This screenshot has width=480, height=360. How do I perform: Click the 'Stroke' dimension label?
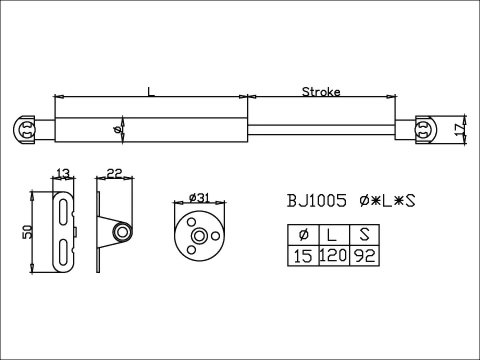(x=321, y=91)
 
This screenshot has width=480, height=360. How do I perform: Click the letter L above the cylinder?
(x=150, y=91)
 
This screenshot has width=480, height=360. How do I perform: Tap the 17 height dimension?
(x=457, y=128)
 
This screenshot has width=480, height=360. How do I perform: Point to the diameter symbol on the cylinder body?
(x=119, y=129)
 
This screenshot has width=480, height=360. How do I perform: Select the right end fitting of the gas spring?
(x=423, y=129)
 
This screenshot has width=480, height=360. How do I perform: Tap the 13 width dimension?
(x=62, y=174)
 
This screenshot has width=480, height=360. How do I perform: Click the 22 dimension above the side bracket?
(x=114, y=174)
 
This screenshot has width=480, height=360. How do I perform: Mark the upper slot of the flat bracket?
(x=63, y=212)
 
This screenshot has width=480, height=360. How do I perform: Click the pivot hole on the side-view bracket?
(x=122, y=232)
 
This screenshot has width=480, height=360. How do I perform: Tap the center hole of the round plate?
(x=198, y=237)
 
